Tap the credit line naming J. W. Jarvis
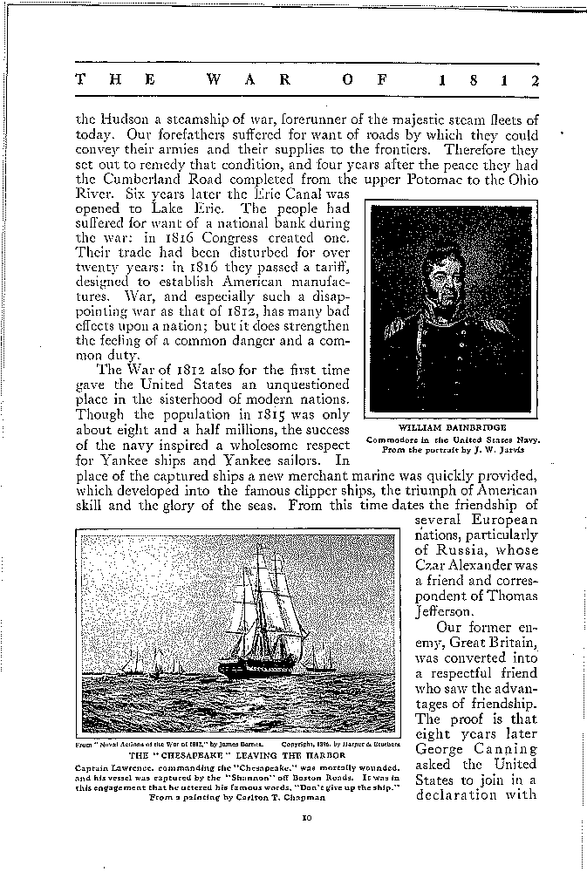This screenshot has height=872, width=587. click(453, 449)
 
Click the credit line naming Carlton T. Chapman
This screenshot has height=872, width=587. click(236, 797)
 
